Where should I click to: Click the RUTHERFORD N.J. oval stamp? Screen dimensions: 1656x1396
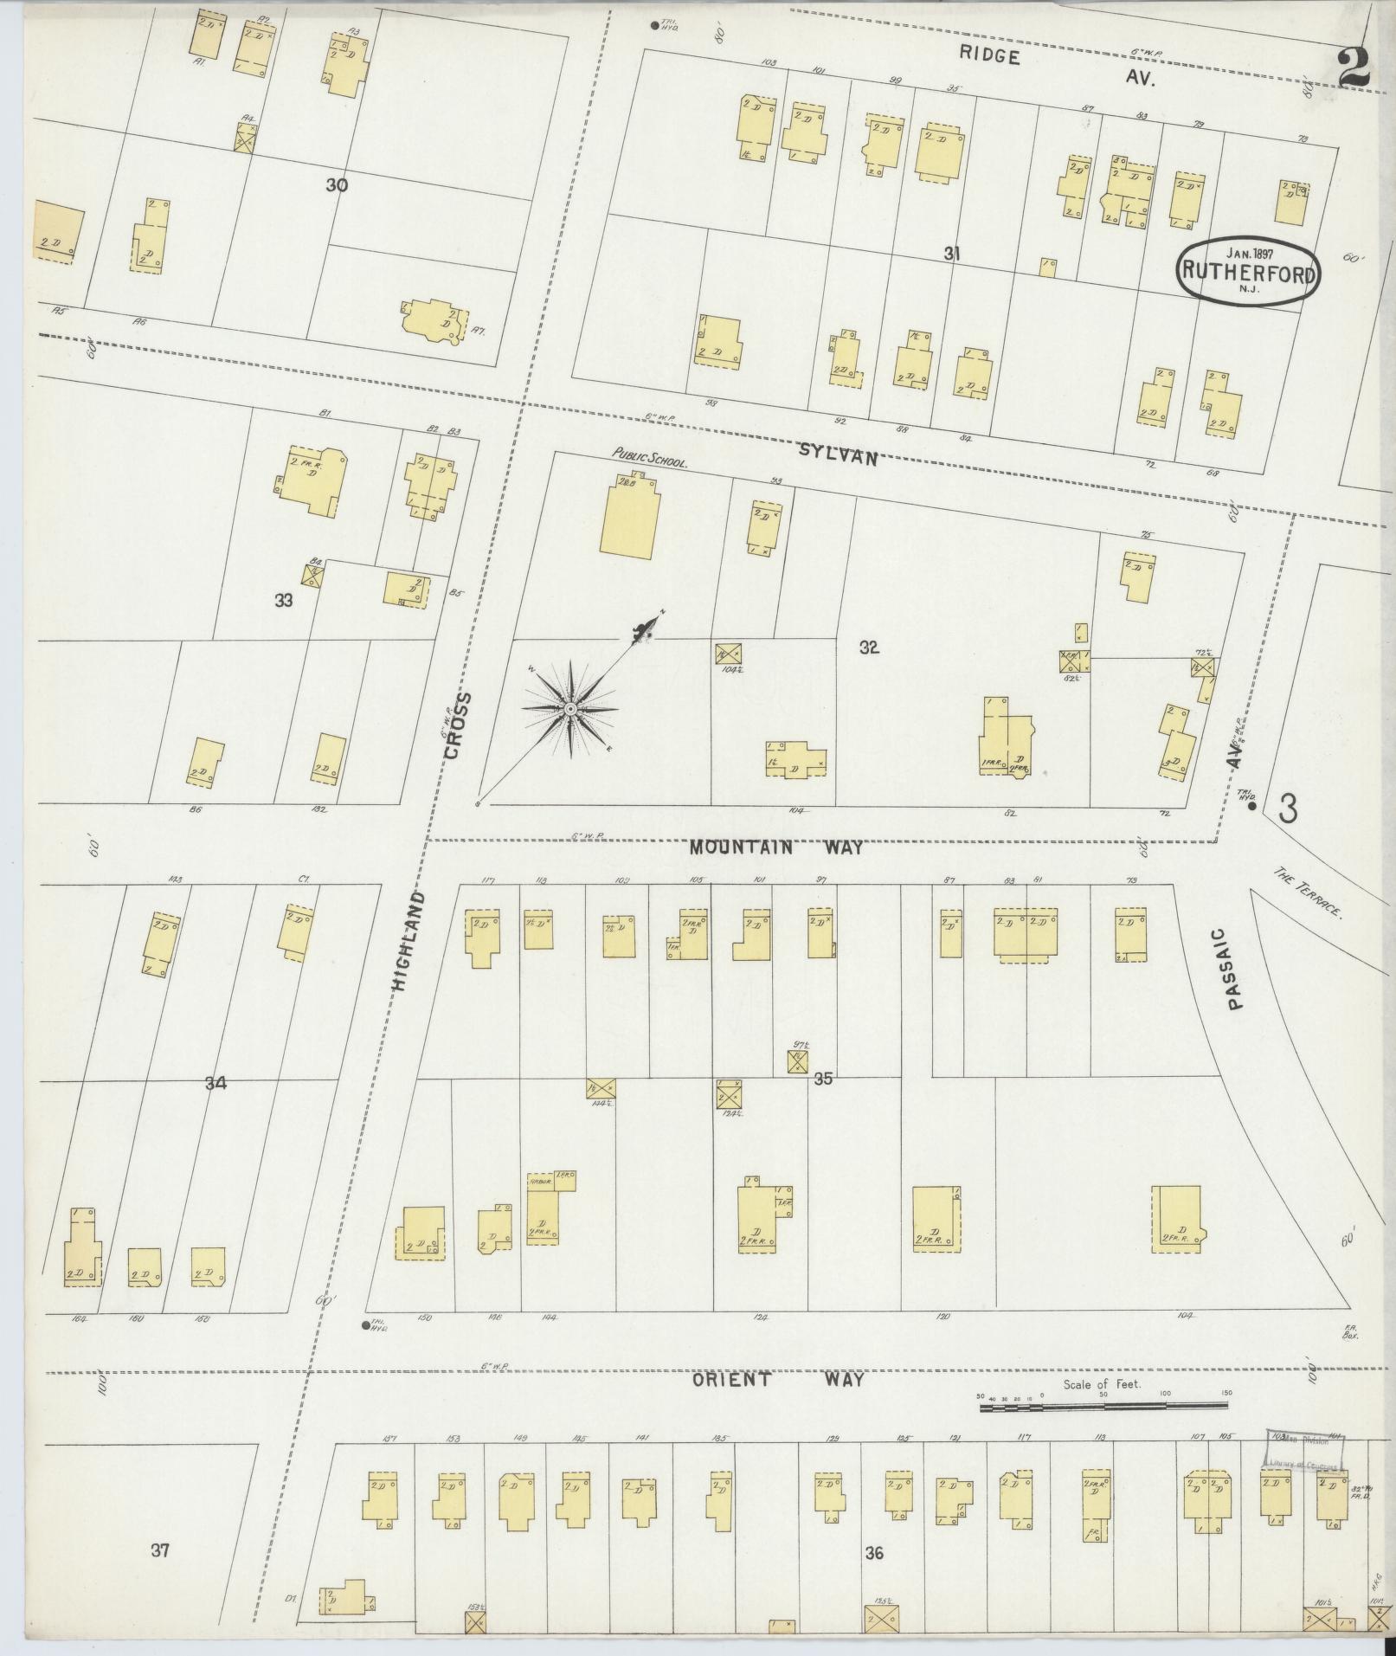tap(1246, 271)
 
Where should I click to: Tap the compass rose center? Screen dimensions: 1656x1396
tap(569, 710)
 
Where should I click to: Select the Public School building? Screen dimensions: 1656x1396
tap(631, 514)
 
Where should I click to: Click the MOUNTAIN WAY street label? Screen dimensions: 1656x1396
tap(775, 847)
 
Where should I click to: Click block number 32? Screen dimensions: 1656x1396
tap(869, 647)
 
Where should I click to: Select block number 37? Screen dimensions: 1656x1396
tap(159, 1550)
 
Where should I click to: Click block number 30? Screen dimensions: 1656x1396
tap(337, 184)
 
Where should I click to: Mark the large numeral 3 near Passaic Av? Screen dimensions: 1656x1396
tap(1288, 809)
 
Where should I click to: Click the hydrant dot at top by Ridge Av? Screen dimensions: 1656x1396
tap(653, 25)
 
